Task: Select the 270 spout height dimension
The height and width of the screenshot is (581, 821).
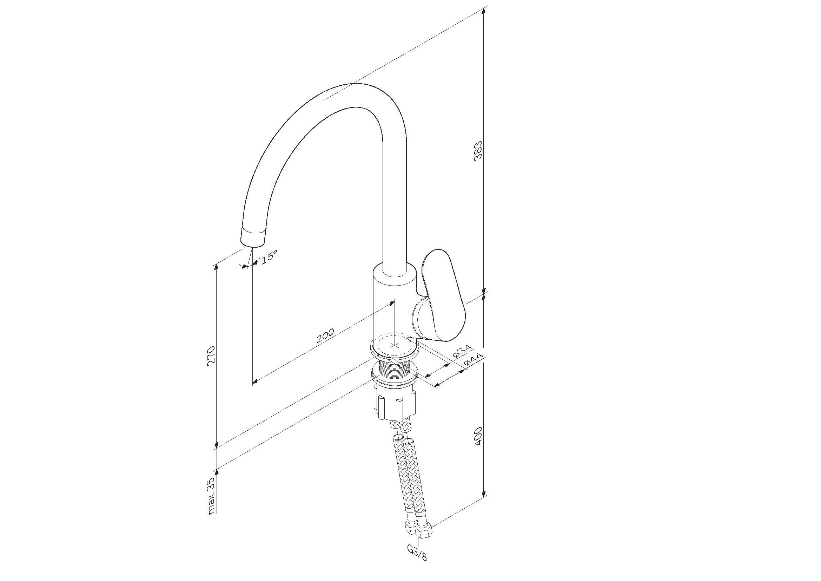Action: pos(211,356)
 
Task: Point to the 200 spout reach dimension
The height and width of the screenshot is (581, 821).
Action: pos(325,335)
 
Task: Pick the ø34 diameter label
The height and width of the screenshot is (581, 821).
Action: pos(462,351)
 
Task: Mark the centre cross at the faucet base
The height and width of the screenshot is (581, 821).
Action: pos(395,345)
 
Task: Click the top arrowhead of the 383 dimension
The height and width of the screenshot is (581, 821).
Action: pos(484,10)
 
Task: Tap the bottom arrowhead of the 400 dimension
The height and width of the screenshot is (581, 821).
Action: pos(484,493)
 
